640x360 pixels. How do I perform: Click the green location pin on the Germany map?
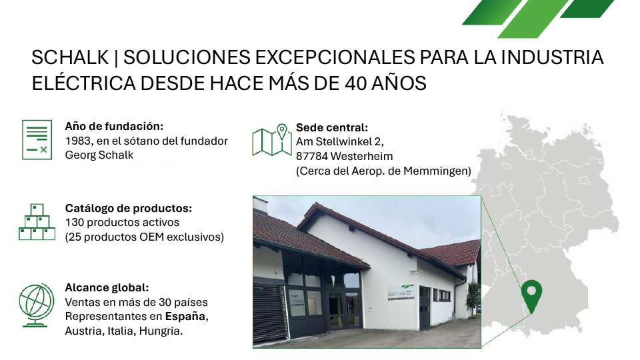tap(531, 294)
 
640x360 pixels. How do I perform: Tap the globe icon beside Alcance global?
tap(37, 305)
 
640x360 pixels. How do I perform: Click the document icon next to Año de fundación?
tap(37, 139)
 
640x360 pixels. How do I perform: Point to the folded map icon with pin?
tap(272, 140)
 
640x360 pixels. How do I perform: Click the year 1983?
tap(79, 141)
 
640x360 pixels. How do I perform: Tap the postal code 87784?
tap(312, 156)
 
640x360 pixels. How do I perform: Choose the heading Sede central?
tap(332, 128)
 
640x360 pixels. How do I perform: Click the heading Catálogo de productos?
tap(128, 208)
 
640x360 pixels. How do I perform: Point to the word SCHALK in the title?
tap(70, 57)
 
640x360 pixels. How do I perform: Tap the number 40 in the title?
tap(357, 84)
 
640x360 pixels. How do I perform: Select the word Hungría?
tap(161, 331)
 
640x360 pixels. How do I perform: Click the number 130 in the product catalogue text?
tap(75, 223)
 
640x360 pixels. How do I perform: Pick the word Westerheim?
tap(361, 156)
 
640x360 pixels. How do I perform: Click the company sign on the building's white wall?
tap(401, 292)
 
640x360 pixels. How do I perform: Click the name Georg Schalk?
tap(99, 155)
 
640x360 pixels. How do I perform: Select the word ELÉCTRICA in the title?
tap(84, 84)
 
